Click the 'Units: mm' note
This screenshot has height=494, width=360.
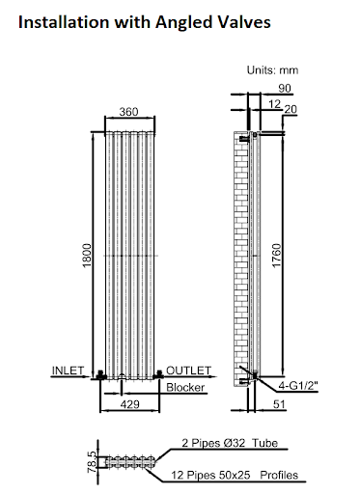point(273,69)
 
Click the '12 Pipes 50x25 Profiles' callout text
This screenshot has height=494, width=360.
point(235,476)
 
